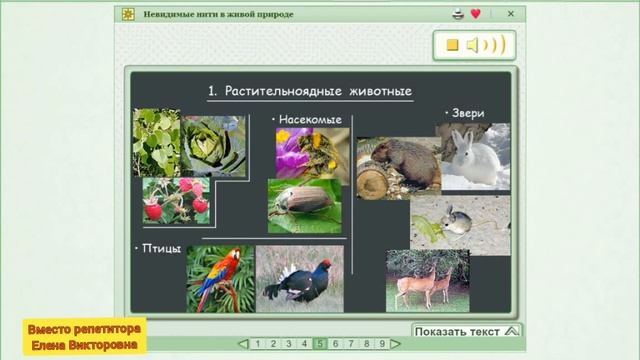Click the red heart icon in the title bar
476,14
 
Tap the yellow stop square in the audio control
452,45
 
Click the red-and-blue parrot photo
220,279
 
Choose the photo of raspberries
176,200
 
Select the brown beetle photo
304,205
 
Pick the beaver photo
398,167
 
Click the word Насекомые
310,120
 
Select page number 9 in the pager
382,344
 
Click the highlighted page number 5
320,344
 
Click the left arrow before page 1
243,344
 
